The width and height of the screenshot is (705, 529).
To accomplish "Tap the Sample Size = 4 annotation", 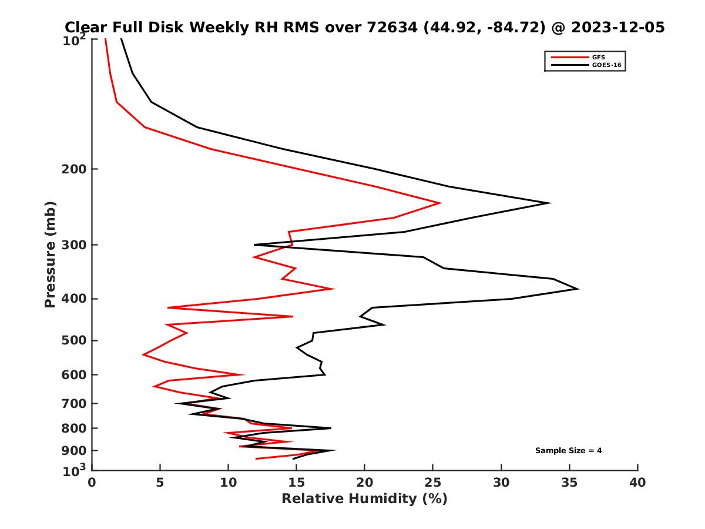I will coord(568,451).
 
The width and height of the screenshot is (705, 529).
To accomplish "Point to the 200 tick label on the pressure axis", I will coord(74,169).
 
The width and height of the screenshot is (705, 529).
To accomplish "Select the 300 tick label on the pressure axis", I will coord(74,245).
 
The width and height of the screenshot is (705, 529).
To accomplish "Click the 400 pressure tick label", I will coord(74,299).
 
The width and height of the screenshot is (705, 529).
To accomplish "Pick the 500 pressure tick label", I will coord(74,340).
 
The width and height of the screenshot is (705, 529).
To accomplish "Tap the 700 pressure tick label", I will coord(74,403).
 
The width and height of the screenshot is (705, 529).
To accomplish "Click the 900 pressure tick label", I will coord(74,451).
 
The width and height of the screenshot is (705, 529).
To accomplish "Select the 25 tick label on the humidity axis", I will coord(433,483).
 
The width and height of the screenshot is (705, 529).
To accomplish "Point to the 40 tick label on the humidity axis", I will coord(637,483).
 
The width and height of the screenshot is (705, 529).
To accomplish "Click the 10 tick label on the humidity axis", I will coord(228,483).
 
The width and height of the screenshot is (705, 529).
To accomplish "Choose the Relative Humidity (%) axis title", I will coord(364,499).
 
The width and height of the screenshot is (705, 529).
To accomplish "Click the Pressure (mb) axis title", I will coord(50,255).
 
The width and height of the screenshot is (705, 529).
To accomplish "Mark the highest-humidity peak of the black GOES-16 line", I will coord(578,289).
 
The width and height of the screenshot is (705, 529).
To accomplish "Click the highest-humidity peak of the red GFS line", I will coord(441,203).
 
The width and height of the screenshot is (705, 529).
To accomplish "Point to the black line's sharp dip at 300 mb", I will coord(254,245).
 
